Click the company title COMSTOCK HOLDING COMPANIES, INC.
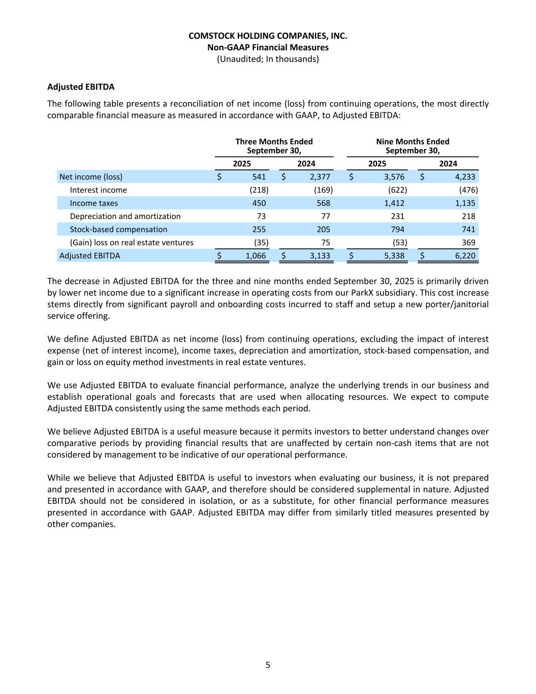coord(268,36)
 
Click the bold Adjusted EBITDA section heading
coord(81,87)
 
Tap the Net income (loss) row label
coord(91,177)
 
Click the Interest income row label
coord(99,190)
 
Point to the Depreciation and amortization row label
coord(125,216)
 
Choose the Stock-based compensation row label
coord(118,229)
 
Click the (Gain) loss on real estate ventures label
coord(132,243)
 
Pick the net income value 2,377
coord(320,177)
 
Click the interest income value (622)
coord(397,190)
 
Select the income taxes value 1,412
coord(394,203)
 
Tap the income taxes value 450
coord(259,203)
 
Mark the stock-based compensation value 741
coord(468,229)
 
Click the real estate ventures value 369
coord(468,243)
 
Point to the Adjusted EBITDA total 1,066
coord(256,256)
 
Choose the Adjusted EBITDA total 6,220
coord(465,256)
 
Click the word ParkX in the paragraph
coord(398,293)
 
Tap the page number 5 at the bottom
coord(268,665)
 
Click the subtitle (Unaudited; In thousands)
coord(268,59)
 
